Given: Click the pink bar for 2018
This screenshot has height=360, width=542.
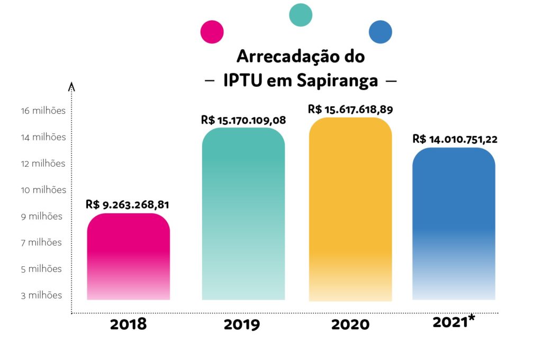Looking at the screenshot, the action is (128, 256).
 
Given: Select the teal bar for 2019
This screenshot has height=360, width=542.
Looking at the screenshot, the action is (243, 214).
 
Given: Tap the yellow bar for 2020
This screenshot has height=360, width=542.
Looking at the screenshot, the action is (350, 209).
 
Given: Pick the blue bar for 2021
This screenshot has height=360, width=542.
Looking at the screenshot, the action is (454, 223).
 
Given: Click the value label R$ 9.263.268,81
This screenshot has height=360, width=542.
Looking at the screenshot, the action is (127, 205).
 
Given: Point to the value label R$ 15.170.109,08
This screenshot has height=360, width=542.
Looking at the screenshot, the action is (243, 120).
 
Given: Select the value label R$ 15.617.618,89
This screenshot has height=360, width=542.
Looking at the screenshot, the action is (350, 109).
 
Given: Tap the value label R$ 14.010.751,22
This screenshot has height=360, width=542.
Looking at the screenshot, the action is (455, 139).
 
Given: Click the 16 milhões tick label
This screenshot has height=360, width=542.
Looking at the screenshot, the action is (43, 111).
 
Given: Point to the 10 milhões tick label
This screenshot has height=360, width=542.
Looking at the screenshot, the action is (43, 190).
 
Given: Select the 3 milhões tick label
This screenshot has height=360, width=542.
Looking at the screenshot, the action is (41, 295).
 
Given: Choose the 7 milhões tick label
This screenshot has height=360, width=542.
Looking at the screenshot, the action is (41, 242).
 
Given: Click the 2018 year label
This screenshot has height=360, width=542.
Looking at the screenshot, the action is (128, 325).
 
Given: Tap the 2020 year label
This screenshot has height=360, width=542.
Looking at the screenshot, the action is (350, 325).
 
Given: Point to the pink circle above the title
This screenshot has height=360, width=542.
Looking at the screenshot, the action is (212, 32).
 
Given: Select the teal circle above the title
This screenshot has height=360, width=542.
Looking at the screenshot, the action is (301, 15).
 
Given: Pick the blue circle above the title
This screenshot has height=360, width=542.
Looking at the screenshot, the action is (381, 32).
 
